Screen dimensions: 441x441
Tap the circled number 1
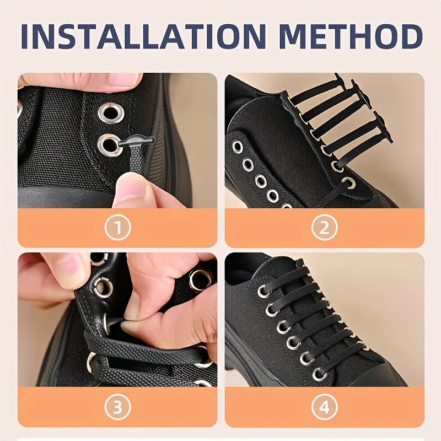117,227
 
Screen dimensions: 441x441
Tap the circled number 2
324,227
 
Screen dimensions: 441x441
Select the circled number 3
117,407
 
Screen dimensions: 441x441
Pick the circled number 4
324,407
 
